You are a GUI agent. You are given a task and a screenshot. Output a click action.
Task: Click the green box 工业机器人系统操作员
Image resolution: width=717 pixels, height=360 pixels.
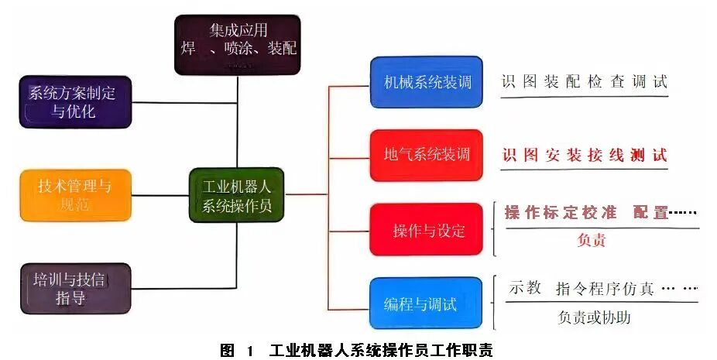(236, 196)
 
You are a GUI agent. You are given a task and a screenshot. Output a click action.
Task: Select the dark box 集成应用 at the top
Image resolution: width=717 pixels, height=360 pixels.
(237, 43)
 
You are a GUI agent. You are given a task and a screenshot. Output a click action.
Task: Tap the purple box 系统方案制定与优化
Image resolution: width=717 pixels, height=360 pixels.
(75, 101)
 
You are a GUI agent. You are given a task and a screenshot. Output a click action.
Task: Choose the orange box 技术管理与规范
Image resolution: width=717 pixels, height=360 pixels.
(75, 194)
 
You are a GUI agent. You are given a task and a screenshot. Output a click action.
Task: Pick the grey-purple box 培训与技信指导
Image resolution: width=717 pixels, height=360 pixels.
(75, 287)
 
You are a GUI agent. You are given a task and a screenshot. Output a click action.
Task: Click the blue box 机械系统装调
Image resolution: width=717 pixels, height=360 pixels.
(426, 81)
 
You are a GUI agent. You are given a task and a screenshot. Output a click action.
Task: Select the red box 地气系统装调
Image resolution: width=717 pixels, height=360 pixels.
(426, 155)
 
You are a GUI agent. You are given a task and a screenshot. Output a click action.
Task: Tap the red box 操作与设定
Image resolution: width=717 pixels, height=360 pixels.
(426, 229)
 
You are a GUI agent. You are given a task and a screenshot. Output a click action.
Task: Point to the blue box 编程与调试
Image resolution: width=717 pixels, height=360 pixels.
(426, 303)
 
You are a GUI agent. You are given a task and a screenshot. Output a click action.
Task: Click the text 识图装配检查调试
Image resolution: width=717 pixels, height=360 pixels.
(584, 81)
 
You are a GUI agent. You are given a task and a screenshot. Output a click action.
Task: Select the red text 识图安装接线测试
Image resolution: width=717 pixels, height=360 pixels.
(584, 155)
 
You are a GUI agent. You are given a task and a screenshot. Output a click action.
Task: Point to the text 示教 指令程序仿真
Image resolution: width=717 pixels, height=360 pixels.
(581, 289)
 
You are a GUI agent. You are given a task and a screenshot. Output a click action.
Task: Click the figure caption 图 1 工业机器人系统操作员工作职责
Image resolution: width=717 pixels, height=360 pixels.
(356, 349)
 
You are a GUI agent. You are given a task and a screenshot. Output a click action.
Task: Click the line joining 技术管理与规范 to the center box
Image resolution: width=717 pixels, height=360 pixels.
(160, 195)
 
